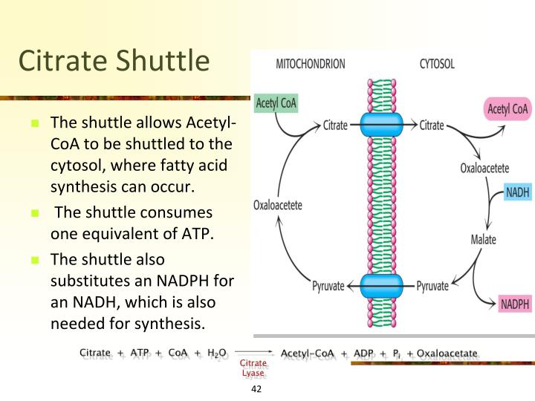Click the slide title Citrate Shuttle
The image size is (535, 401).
point(114,61)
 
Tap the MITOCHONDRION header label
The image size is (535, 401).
point(310,64)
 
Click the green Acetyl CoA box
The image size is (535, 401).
point(276,103)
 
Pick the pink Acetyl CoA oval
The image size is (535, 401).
point(508,110)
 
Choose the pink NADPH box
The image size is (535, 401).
point(515,304)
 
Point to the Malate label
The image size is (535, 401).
point(483,240)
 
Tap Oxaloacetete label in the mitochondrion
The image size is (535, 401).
point(278,205)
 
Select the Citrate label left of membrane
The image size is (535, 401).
point(335,125)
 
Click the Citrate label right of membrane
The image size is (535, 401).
point(432,125)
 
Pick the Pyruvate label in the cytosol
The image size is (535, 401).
point(432,286)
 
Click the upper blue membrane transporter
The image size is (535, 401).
point(381,124)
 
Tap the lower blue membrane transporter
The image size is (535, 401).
point(381,284)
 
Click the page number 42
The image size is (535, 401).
point(257,390)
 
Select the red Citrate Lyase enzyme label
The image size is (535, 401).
point(253,368)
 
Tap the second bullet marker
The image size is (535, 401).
point(34,212)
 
